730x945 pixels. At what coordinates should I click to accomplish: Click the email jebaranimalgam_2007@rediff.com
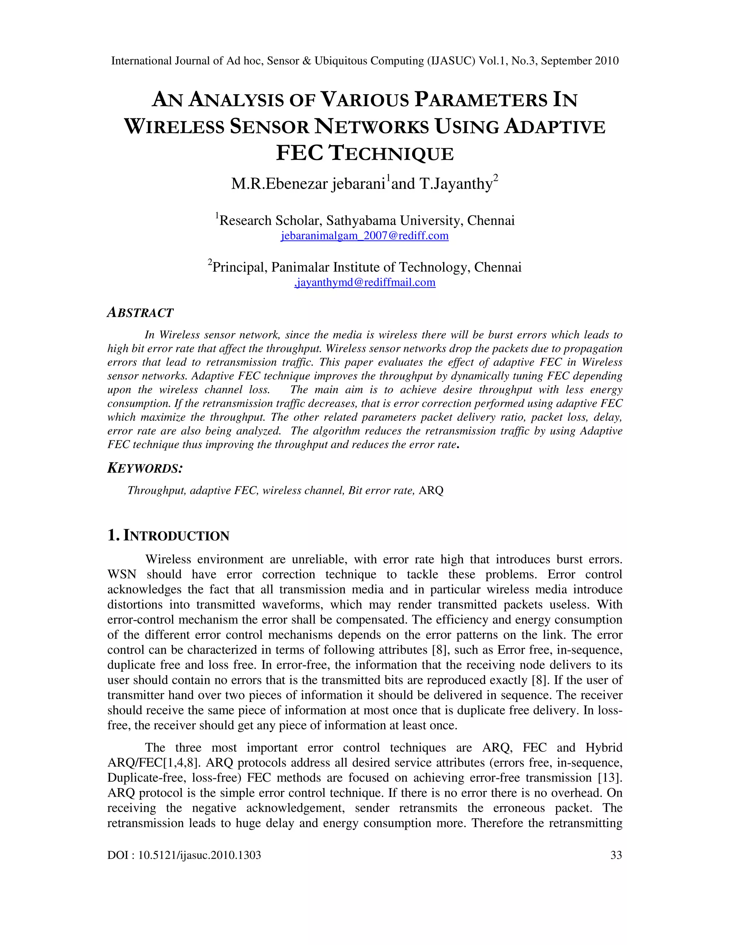365,236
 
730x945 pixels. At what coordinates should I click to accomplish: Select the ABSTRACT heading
140,312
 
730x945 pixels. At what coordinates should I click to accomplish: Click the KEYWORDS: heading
145,468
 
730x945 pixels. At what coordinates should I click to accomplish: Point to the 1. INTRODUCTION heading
168,536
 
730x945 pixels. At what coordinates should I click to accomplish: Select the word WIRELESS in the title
174,127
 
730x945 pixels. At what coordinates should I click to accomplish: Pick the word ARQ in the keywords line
431,491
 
